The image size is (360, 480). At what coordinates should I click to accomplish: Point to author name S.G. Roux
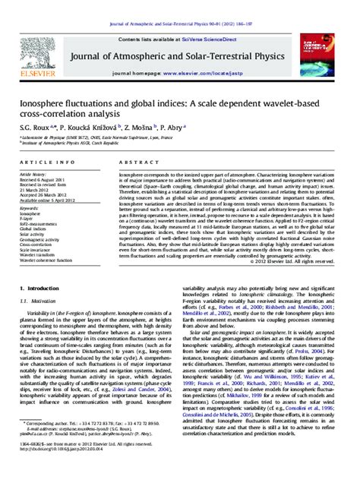coord(36,128)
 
